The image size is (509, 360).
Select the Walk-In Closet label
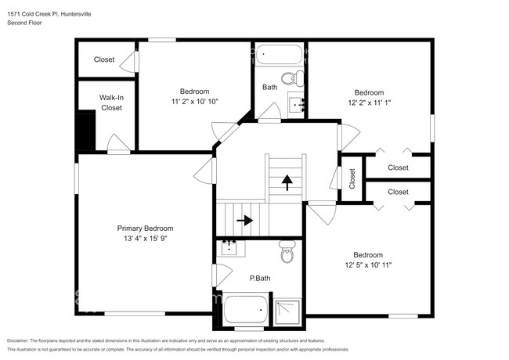coord(111,103)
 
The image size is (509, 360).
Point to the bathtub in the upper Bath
coord(279,55)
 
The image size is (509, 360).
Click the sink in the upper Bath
coord(297,103)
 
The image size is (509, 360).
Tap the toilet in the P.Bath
coord(287,253)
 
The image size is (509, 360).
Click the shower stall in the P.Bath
coord(286,311)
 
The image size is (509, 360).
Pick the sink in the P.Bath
coord(230,248)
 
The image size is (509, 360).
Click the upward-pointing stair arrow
coord(287,182)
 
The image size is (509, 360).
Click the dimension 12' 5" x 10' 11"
coord(367,265)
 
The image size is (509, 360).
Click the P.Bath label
coord(260,278)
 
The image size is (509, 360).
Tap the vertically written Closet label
coord(352,178)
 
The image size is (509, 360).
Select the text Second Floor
coord(25,23)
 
